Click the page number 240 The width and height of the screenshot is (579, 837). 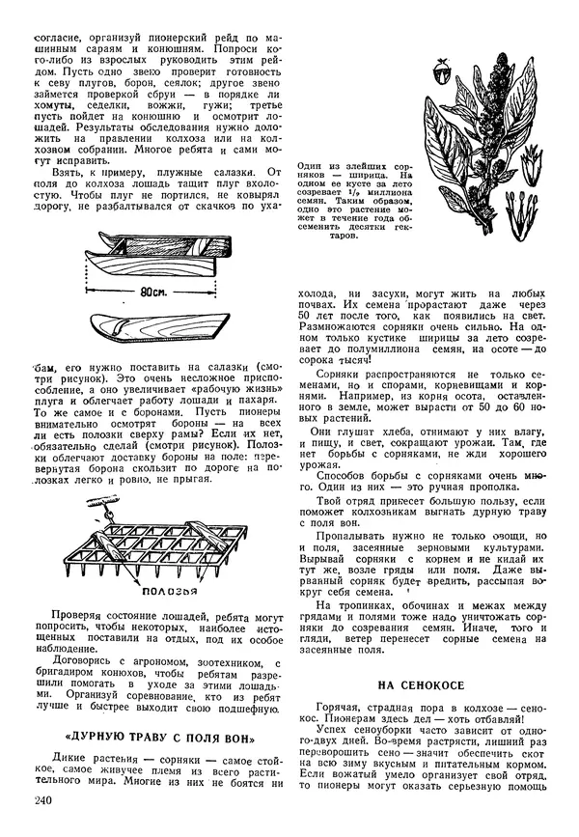point(41,802)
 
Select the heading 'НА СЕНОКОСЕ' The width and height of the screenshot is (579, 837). point(419,684)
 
